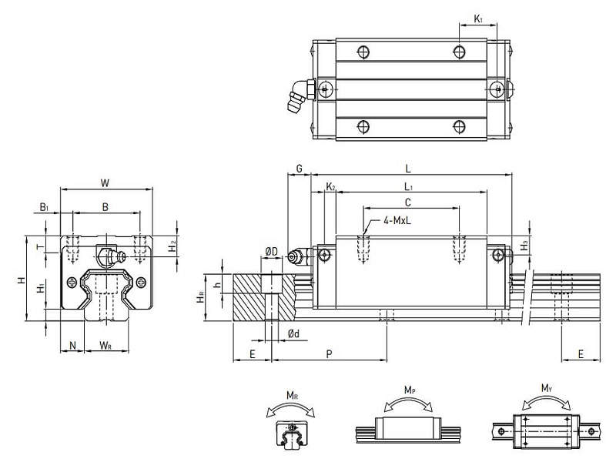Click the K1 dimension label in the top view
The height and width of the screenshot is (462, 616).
click(x=478, y=18)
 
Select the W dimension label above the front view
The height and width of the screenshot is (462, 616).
click(x=105, y=182)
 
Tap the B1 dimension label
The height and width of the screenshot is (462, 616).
click(x=45, y=206)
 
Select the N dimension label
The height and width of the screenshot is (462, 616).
click(x=73, y=346)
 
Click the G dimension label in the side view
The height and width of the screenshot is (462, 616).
click(x=298, y=168)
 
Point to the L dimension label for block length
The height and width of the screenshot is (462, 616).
click(x=408, y=168)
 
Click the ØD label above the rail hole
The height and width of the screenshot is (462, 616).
click(x=271, y=251)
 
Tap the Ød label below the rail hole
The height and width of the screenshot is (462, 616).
click(x=293, y=333)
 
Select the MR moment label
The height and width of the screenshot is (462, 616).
click(x=293, y=396)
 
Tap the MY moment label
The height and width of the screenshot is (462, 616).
click(x=545, y=387)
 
